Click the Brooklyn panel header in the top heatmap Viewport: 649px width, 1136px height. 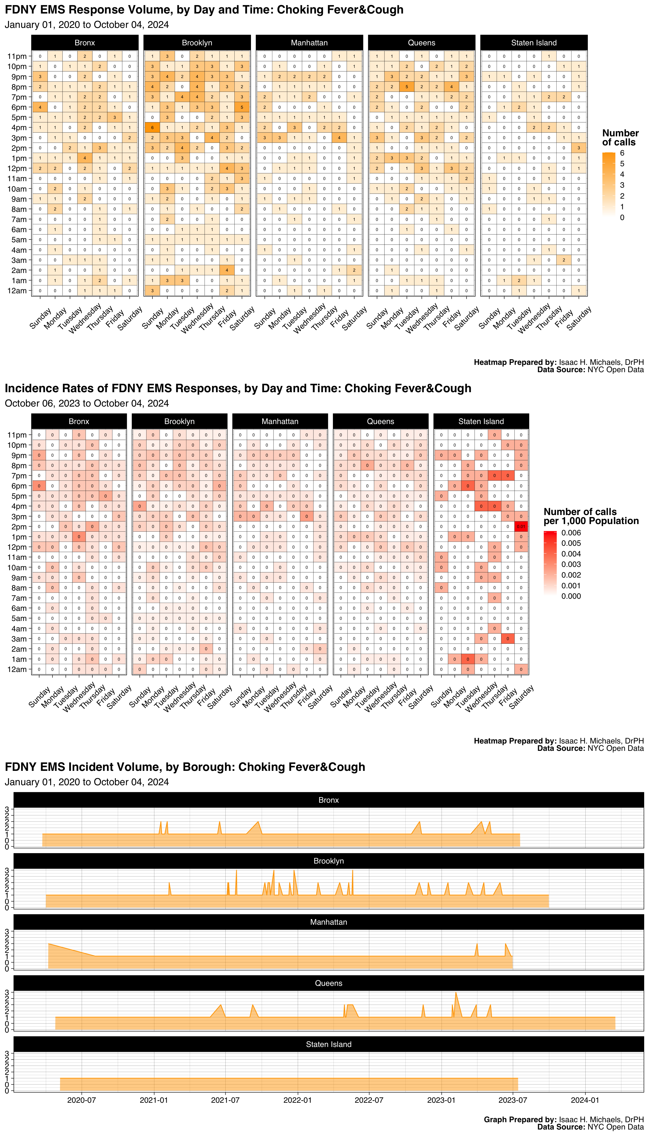(197, 43)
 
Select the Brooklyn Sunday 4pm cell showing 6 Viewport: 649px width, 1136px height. (152, 128)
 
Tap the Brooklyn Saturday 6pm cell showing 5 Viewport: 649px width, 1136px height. (242, 107)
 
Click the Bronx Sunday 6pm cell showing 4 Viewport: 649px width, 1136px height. (40, 107)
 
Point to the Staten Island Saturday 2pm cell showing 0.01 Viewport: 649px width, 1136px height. (521, 527)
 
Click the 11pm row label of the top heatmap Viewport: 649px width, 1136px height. (17, 56)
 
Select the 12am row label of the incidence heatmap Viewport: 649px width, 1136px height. (17, 669)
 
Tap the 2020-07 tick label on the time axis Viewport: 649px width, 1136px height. (82, 1100)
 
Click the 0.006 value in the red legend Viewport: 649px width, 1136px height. (571, 533)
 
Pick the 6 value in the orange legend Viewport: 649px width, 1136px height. (622, 153)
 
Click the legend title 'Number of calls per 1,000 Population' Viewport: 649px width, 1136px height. (591, 516)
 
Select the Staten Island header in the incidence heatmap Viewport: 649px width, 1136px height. (481, 421)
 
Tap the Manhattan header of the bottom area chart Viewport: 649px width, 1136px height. (328, 922)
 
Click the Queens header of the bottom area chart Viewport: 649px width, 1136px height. (328, 983)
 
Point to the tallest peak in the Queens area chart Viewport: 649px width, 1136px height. (455, 992)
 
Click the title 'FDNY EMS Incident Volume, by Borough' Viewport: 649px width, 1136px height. (185, 767)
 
